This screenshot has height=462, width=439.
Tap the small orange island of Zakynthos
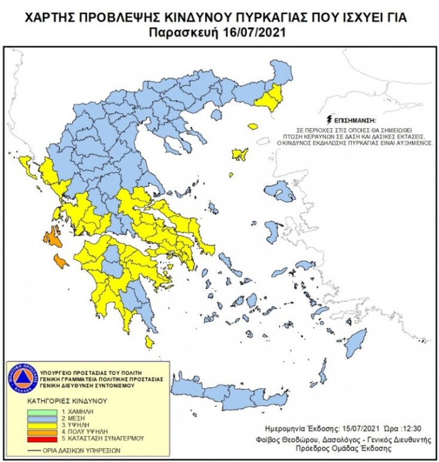point(60,261)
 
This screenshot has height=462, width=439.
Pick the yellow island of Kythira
point(149,342)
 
